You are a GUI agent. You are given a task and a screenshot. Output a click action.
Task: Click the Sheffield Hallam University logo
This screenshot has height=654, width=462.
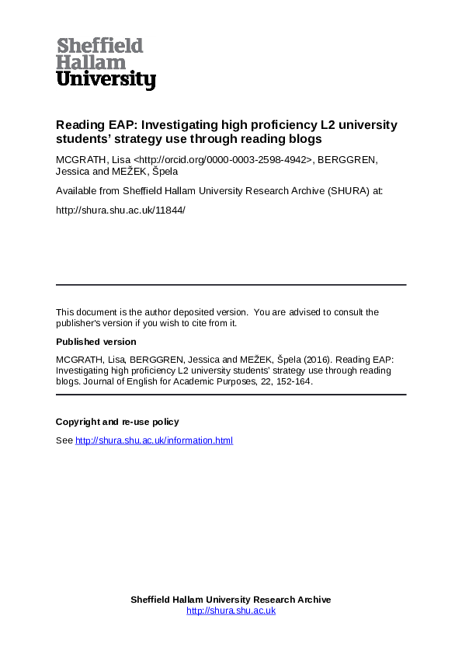(x=106, y=63)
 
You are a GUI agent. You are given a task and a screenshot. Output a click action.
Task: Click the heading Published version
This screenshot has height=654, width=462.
(x=96, y=342)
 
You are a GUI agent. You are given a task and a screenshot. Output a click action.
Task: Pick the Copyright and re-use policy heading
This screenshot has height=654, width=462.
(x=117, y=422)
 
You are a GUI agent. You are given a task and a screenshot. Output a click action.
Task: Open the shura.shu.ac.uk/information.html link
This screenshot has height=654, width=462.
(x=154, y=440)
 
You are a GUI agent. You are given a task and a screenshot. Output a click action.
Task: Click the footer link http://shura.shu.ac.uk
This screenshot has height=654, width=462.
(x=231, y=611)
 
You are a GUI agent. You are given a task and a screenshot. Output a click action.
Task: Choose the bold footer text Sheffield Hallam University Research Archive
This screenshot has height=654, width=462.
(x=231, y=600)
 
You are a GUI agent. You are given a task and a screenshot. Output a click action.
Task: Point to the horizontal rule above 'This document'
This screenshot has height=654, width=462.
(x=231, y=285)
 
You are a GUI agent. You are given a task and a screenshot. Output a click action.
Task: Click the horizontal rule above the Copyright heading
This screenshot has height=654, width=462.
(x=231, y=395)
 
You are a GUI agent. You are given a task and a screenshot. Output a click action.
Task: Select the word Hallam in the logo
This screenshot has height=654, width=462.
(x=91, y=63)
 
